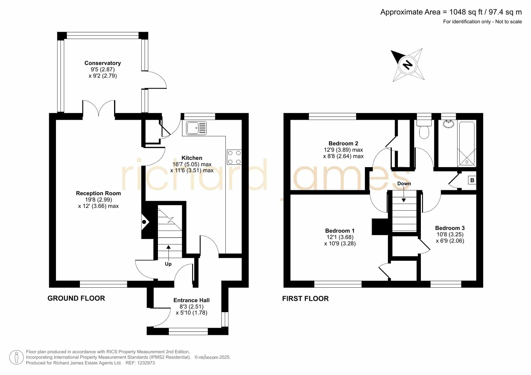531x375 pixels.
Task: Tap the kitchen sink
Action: [196, 128]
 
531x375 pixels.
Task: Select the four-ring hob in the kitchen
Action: [234, 157]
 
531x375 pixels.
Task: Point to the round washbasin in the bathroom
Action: [448, 124]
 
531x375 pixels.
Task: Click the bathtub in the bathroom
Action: [467, 144]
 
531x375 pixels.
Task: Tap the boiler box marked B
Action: [472, 180]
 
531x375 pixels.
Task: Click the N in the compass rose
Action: [408, 65]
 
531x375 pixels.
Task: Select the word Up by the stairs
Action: [168, 264]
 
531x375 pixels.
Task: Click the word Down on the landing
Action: [404, 183]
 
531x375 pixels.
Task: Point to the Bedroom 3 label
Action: [450, 228]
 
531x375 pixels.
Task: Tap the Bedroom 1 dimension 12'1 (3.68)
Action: [340, 237]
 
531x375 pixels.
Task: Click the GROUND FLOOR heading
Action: [76, 298]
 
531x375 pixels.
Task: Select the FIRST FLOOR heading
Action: [305, 299]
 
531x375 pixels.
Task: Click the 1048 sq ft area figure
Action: [466, 12]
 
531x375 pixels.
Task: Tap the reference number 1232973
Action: [146, 363]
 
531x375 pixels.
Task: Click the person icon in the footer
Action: [16, 357]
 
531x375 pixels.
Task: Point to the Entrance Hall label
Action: [192, 300]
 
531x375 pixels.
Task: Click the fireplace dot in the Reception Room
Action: [144, 222]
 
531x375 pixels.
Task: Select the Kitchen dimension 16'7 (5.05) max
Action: [192, 164]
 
